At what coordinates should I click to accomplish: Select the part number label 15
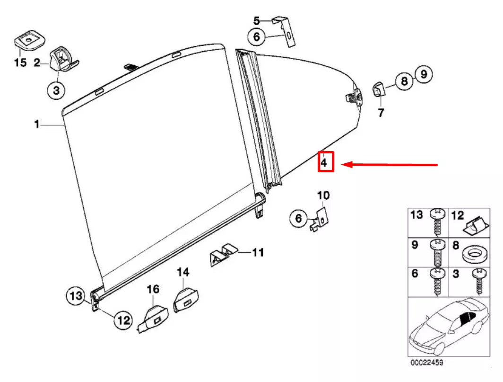(20, 63)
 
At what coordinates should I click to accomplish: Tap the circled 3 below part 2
(56, 90)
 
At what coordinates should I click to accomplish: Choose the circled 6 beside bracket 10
(298, 218)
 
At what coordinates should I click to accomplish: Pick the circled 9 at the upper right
(424, 74)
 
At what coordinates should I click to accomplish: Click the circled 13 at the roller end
(74, 296)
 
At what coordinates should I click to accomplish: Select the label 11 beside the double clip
(258, 252)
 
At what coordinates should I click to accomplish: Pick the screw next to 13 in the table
(437, 221)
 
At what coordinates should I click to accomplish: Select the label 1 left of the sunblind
(36, 124)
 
